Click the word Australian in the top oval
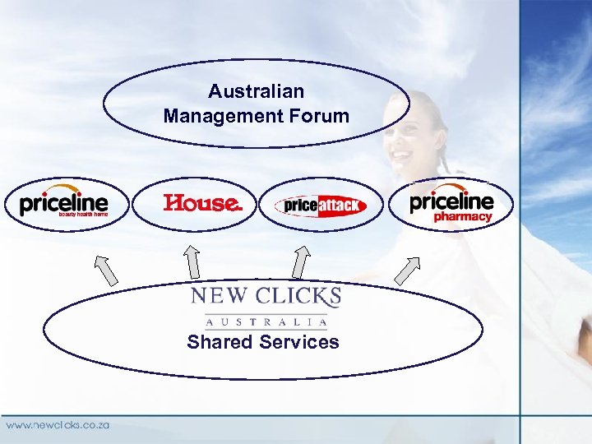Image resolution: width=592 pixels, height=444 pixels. [x=256, y=91]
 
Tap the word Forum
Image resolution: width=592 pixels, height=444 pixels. [x=317, y=116]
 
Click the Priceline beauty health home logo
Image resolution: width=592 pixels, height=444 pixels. [x=63, y=203]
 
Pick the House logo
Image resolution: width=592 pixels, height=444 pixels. [x=202, y=202]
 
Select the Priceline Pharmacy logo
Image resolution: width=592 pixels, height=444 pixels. [x=451, y=205]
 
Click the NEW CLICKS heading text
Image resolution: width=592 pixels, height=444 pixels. [x=265, y=296]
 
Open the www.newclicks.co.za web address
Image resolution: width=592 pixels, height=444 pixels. [x=58, y=425]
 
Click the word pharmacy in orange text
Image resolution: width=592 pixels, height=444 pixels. [x=462, y=217]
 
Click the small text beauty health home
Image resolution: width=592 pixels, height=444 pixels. [x=82, y=214]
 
